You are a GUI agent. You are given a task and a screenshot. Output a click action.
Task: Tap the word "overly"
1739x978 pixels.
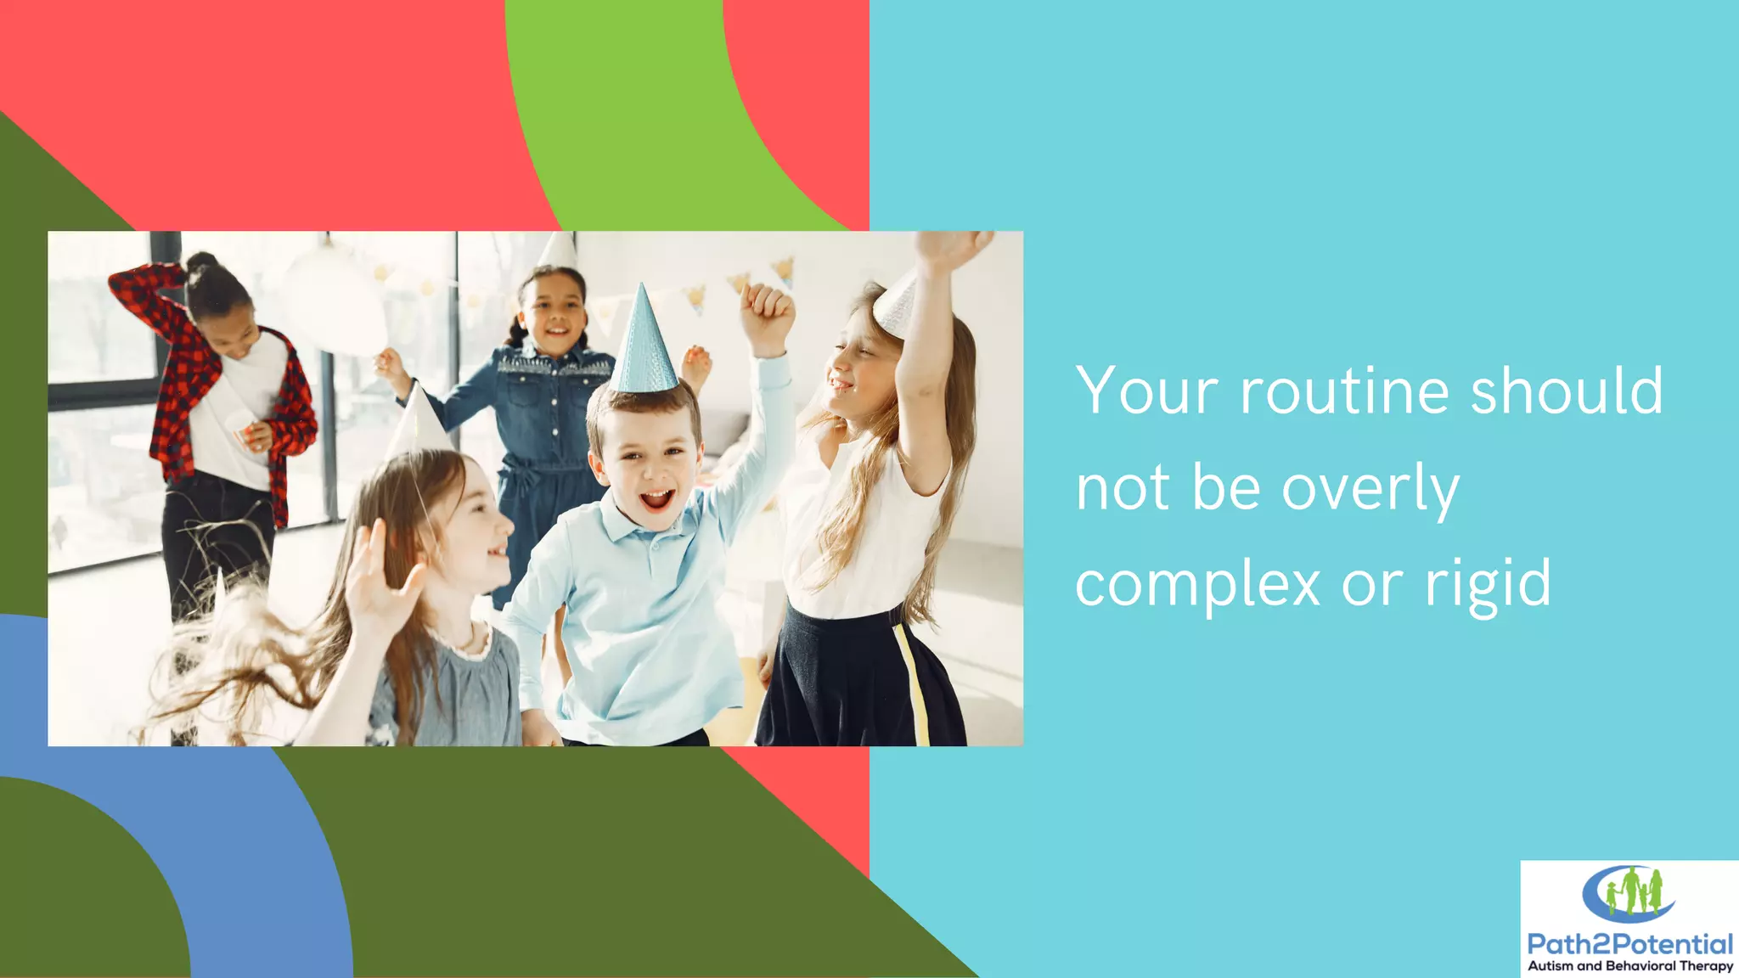[1370, 489]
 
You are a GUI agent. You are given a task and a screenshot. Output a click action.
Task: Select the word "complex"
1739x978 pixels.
[1197, 585]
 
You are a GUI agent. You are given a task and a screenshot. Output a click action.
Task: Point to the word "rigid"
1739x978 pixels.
[1488, 585]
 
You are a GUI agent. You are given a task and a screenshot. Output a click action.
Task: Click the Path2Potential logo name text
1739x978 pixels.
[1629, 944]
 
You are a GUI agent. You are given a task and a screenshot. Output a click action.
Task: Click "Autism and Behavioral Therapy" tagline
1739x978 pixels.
[1629, 966]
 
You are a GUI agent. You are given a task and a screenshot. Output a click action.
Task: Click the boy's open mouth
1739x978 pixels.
[656, 499]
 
